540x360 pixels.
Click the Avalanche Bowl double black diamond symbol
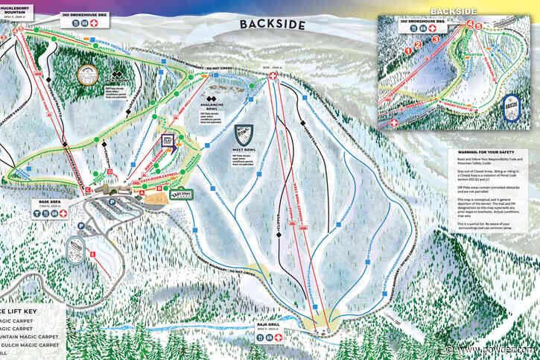212,101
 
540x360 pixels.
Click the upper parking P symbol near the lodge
112,201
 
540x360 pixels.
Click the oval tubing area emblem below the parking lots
76,247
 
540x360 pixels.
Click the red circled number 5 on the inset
478,28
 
